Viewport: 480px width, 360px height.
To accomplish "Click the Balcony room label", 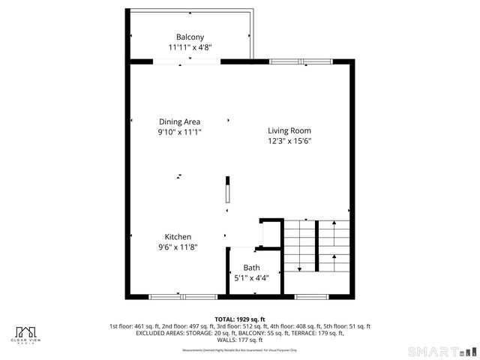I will coord(190,37).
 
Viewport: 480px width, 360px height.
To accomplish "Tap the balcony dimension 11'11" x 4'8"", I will coord(190,46).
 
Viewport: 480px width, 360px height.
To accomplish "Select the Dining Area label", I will coord(179,121).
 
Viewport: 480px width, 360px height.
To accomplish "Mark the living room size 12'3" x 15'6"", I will coord(289,140).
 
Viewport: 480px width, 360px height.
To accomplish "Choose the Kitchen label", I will coord(178,237).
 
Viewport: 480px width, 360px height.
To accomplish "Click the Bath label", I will coord(251,268).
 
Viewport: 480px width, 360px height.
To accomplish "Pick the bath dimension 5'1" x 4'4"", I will coord(251,277).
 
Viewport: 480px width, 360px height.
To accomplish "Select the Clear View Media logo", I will coord(27,334).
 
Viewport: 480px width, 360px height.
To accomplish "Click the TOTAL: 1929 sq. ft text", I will coord(240,319).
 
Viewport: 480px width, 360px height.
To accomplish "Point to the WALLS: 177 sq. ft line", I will coord(240,340).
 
